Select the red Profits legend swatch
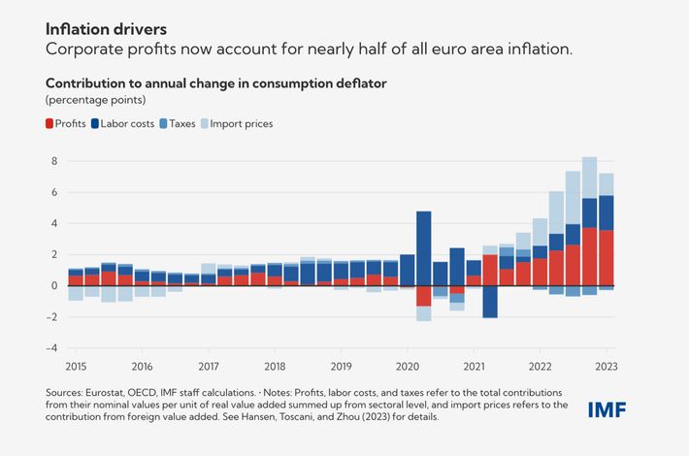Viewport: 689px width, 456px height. [51, 123]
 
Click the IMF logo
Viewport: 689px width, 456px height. [607, 408]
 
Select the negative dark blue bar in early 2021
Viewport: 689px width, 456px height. [490, 302]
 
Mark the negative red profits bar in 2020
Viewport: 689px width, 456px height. [423, 296]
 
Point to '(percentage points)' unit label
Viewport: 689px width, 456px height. [95, 100]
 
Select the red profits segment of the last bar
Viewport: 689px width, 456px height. [607, 257]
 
